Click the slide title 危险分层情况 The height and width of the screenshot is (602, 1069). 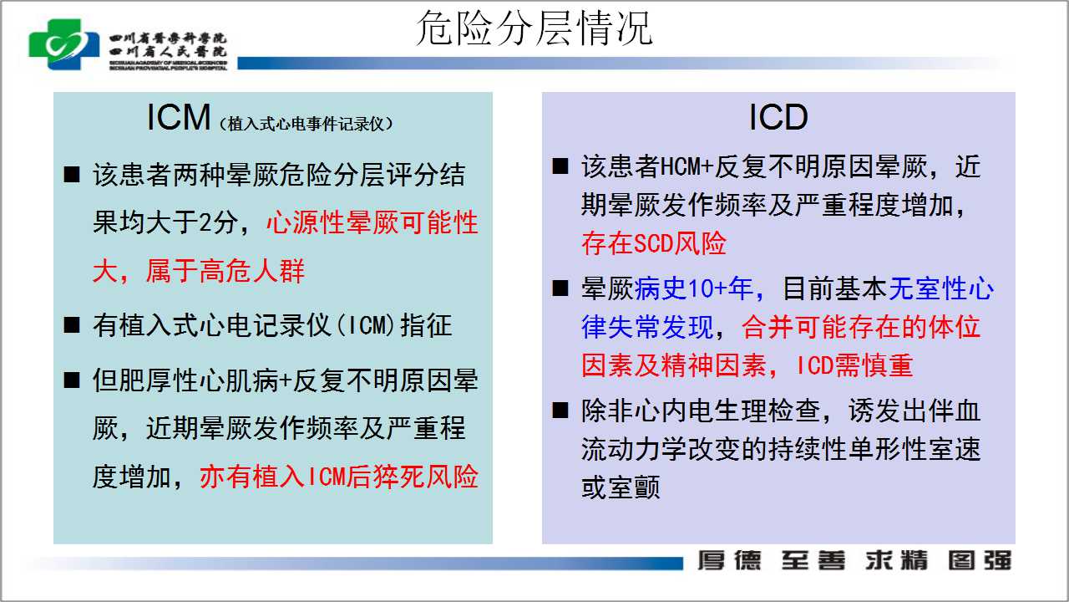(x=534, y=28)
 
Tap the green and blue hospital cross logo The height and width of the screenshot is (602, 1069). (x=64, y=44)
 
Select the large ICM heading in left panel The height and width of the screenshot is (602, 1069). (x=179, y=117)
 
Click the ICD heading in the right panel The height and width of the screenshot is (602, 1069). (x=778, y=117)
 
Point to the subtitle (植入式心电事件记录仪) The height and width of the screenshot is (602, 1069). (x=306, y=125)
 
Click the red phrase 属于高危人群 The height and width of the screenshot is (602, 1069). (x=225, y=272)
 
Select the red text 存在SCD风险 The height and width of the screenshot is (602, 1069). (x=654, y=243)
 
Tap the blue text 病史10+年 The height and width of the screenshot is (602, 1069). (x=694, y=289)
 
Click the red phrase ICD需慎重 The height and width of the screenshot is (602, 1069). (x=854, y=366)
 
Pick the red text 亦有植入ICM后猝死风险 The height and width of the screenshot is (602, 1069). (x=339, y=477)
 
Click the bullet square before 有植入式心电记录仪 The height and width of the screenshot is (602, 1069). (x=72, y=325)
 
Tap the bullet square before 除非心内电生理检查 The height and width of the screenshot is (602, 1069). (x=560, y=411)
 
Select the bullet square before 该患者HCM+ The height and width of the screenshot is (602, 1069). (x=560, y=166)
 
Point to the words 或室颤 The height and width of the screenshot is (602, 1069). (x=621, y=487)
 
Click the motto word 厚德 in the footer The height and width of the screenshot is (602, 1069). (x=729, y=560)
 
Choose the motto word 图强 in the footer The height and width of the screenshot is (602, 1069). (x=980, y=560)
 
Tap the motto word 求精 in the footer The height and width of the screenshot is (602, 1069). (x=897, y=560)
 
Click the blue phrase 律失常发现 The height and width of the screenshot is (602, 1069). (x=647, y=327)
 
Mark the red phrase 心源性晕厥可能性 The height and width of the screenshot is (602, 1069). (x=372, y=222)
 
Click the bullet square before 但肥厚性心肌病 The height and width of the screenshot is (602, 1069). (x=72, y=380)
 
